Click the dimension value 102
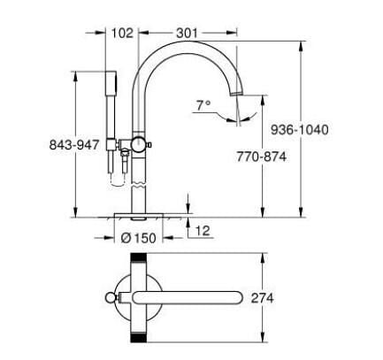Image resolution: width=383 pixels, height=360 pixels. [123, 33]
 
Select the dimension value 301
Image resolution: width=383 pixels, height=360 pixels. [184, 33]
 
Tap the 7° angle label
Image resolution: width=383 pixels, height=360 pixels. [203, 105]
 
